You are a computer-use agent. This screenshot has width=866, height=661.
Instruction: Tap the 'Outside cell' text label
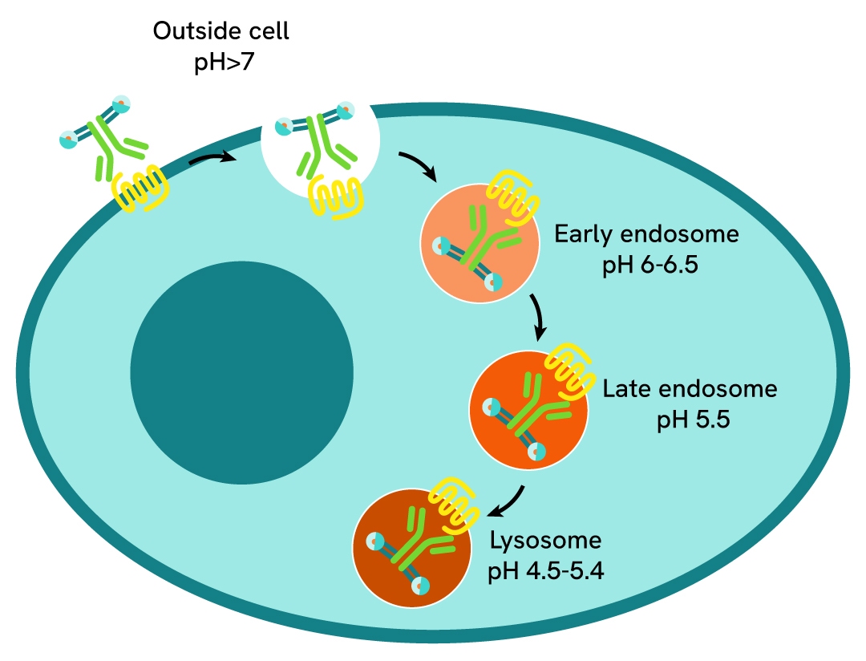[222, 33]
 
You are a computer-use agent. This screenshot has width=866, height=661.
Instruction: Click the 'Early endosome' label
[645, 235]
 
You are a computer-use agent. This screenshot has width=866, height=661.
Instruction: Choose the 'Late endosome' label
[690, 389]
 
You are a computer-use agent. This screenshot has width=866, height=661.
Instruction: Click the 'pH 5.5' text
[694, 420]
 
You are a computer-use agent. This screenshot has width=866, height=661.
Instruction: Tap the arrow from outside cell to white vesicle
[212, 160]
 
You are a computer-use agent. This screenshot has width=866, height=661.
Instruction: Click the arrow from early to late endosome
[539, 315]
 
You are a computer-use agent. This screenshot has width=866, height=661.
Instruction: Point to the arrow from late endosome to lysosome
[508, 504]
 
